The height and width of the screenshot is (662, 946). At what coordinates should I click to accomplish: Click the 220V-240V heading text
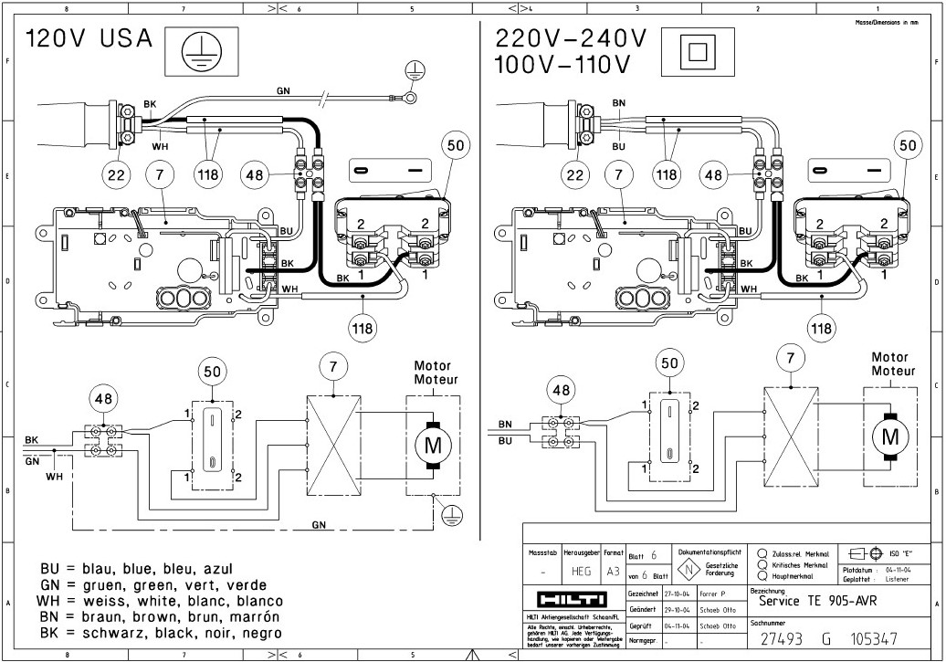pos(571,39)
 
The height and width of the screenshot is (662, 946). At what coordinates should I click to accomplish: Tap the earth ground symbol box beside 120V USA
pos(194,50)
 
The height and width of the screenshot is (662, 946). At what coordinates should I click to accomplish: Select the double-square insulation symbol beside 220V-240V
pos(698,50)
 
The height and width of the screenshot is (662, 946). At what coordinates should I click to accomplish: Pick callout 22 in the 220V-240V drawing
pos(573,173)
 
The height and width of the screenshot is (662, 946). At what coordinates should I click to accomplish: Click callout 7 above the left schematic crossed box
pos(334,367)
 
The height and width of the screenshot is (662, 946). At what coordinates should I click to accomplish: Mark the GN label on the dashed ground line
pos(320,526)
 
